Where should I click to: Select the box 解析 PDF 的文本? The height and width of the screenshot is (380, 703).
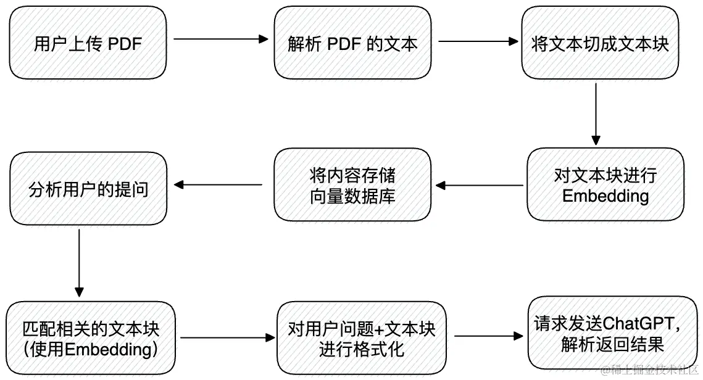[x=352, y=44]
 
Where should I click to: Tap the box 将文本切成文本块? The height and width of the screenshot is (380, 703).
[x=600, y=44]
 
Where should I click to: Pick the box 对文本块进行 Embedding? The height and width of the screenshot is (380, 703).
[x=605, y=186]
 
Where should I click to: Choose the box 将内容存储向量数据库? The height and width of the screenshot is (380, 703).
[x=352, y=186]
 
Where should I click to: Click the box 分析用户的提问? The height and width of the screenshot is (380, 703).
[x=88, y=189]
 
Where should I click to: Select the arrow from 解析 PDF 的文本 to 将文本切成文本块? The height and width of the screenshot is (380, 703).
[x=478, y=42]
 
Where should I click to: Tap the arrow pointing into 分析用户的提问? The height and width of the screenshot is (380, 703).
[x=218, y=184]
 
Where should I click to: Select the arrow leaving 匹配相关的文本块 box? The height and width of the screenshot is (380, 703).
[x=226, y=337]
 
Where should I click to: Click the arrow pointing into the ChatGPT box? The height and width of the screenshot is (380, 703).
[x=487, y=337]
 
